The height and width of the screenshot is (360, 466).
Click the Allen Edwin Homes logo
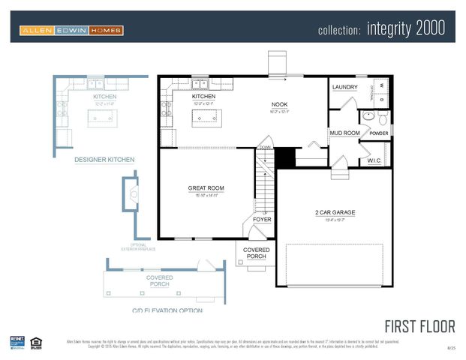(72, 30)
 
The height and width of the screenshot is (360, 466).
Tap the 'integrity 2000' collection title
(380, 29)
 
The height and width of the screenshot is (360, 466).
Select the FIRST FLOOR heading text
(419, 326)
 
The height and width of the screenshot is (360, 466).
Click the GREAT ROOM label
(206, 188)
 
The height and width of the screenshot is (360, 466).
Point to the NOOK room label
(279, 105)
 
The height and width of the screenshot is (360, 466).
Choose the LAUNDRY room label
(345, 87)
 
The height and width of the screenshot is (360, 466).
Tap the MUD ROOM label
(345, 133)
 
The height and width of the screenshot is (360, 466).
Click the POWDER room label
(379, 133)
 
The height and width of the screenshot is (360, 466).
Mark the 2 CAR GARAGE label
(335, 212)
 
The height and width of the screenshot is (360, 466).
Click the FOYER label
(262, 220)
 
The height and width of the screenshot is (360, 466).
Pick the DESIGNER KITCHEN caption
(104, 160)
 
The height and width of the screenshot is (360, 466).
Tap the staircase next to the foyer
(263, 184)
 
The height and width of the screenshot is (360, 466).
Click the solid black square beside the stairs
(285, 157)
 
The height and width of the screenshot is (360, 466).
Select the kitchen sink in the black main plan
(200, 83)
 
